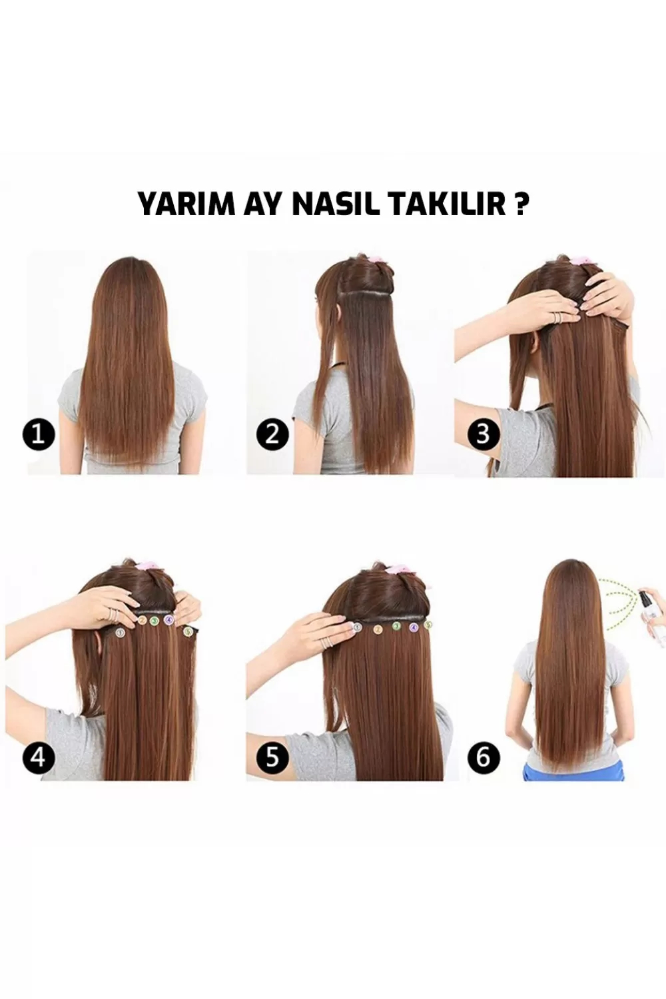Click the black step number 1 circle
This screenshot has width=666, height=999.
(x=39, y=434)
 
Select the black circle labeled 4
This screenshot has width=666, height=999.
(x=39, y=757)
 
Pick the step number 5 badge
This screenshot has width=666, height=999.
(x=272, y=757)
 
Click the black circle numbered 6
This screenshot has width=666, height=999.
(x=483, y=757)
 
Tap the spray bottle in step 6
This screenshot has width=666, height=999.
(x=652, y=613)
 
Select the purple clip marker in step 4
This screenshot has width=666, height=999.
(x=168, y=619)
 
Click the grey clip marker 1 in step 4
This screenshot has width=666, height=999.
(x=120, y=632)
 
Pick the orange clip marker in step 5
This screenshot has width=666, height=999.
(x=379, y=629)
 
